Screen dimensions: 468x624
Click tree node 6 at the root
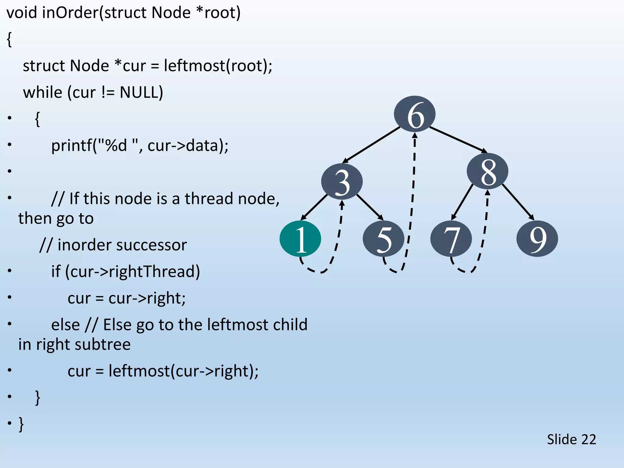coord(415,114)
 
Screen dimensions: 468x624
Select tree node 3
coord(342,182)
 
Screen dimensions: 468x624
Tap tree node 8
coord(487,171)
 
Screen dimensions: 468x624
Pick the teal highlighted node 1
coord(300,239)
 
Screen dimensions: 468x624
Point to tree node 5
coord(383,239)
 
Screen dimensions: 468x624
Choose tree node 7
coord(451,239)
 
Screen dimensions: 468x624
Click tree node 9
coord(537,239)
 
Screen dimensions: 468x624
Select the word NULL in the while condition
coord(141,92)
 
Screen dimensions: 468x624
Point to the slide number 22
coord(588,439)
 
